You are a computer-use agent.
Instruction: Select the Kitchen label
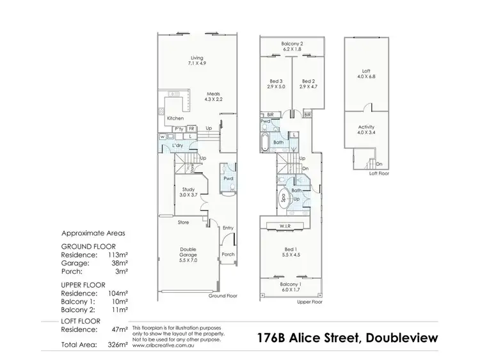[x=175, y=118]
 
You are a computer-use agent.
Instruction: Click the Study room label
[x=188, y=189]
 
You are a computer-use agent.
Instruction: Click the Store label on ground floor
[x=184, y=223]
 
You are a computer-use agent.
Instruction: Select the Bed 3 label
[x=276, y=81]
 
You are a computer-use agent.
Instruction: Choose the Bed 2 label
[x=308, y=81]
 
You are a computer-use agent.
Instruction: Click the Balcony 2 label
[x=292, y=43]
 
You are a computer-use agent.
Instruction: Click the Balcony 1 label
[x=291, y=284]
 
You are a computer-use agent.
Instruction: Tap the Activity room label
[x=366, y=127]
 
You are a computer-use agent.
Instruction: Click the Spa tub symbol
[x=284, y=198]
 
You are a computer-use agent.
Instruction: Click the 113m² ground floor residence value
[x=117, y=254]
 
